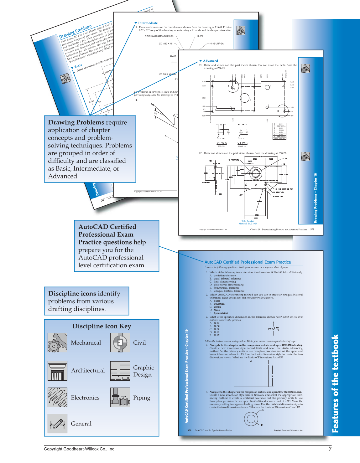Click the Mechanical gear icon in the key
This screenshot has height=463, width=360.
pos(57,342)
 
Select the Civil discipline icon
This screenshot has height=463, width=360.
pos(120,342)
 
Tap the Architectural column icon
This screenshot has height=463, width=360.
pos(57,371)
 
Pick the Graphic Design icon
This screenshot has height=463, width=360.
pos(120,371)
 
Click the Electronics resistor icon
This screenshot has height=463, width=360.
pos(57,397)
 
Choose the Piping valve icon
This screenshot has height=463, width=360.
pos(120,397)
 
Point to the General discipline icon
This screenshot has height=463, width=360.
pos(57,424)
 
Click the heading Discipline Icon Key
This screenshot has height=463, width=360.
pos(102,326)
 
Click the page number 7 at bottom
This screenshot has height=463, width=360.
pos(330,449)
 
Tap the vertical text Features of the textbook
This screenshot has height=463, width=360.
pos(335,383)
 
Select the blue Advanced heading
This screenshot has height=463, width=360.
pos(210,61)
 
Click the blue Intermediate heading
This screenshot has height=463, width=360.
pos(148,23)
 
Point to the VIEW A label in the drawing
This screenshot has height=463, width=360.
pos(222,143)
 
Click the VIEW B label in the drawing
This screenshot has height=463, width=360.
pos(242,143)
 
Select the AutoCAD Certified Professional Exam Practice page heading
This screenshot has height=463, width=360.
pos(248,262)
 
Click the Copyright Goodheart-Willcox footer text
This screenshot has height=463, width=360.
pos(80,449)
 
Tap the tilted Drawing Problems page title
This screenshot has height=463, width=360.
pos(76,32)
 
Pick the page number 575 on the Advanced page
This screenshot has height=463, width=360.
pos(312,229)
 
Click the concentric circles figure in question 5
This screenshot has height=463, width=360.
pos(251,419)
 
